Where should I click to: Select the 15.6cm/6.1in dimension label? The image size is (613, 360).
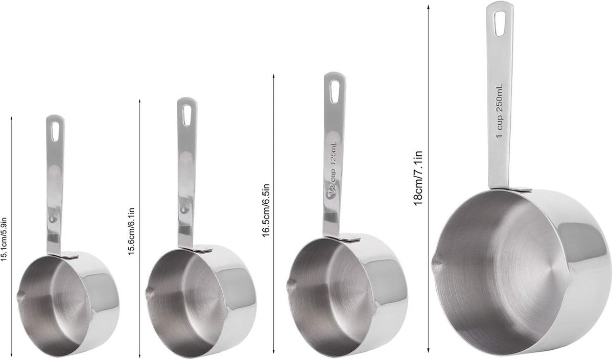[131, 231]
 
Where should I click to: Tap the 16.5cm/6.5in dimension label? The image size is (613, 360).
[266, 210]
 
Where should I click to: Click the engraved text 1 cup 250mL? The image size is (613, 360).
[500, 111]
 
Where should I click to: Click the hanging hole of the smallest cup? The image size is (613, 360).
[55, 132]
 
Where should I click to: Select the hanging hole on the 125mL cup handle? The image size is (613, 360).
[335, 91]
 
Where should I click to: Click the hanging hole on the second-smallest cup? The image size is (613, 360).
[186, 115]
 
